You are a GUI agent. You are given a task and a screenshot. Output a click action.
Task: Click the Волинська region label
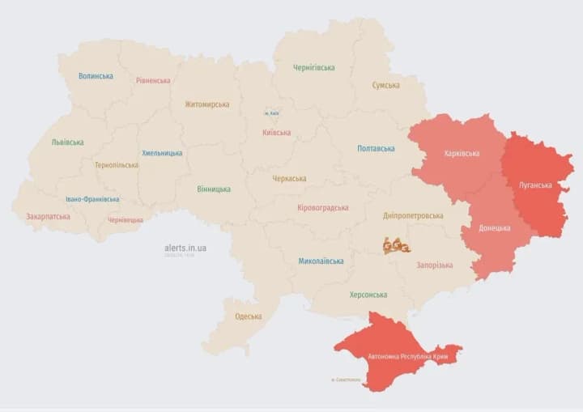tap(96, 76)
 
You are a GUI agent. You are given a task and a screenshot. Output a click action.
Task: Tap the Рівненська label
tap(153, 80)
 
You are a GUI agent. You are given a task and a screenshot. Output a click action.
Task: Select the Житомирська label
tap(206, 104)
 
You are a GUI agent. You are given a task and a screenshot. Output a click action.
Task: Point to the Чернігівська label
tap(314, 67)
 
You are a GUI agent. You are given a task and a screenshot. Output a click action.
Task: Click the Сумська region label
tap(385, 85)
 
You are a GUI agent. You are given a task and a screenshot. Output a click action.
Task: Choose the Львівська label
tap(67, 142)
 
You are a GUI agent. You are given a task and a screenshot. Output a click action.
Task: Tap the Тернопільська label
tap(116, 164)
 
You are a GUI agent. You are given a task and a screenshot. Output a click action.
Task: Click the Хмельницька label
tap(162, 152)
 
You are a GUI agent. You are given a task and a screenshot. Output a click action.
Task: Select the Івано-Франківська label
tap(92, 199)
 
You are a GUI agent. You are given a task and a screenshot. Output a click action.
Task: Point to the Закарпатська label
tap(48, 216)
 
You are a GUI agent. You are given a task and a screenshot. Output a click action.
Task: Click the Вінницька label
tap(214, 189)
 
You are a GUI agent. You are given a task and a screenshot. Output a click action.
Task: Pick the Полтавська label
tap(376, 148)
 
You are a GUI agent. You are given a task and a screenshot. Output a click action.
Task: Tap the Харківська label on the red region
tap(462, 153)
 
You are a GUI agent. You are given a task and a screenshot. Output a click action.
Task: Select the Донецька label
tap(494, 228)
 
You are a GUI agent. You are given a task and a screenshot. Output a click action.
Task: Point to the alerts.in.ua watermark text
tap(185, 247)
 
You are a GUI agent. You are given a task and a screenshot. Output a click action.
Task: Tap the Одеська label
tap(248, 316)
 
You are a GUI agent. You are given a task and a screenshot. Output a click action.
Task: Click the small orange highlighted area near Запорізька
tap(396, 245)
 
